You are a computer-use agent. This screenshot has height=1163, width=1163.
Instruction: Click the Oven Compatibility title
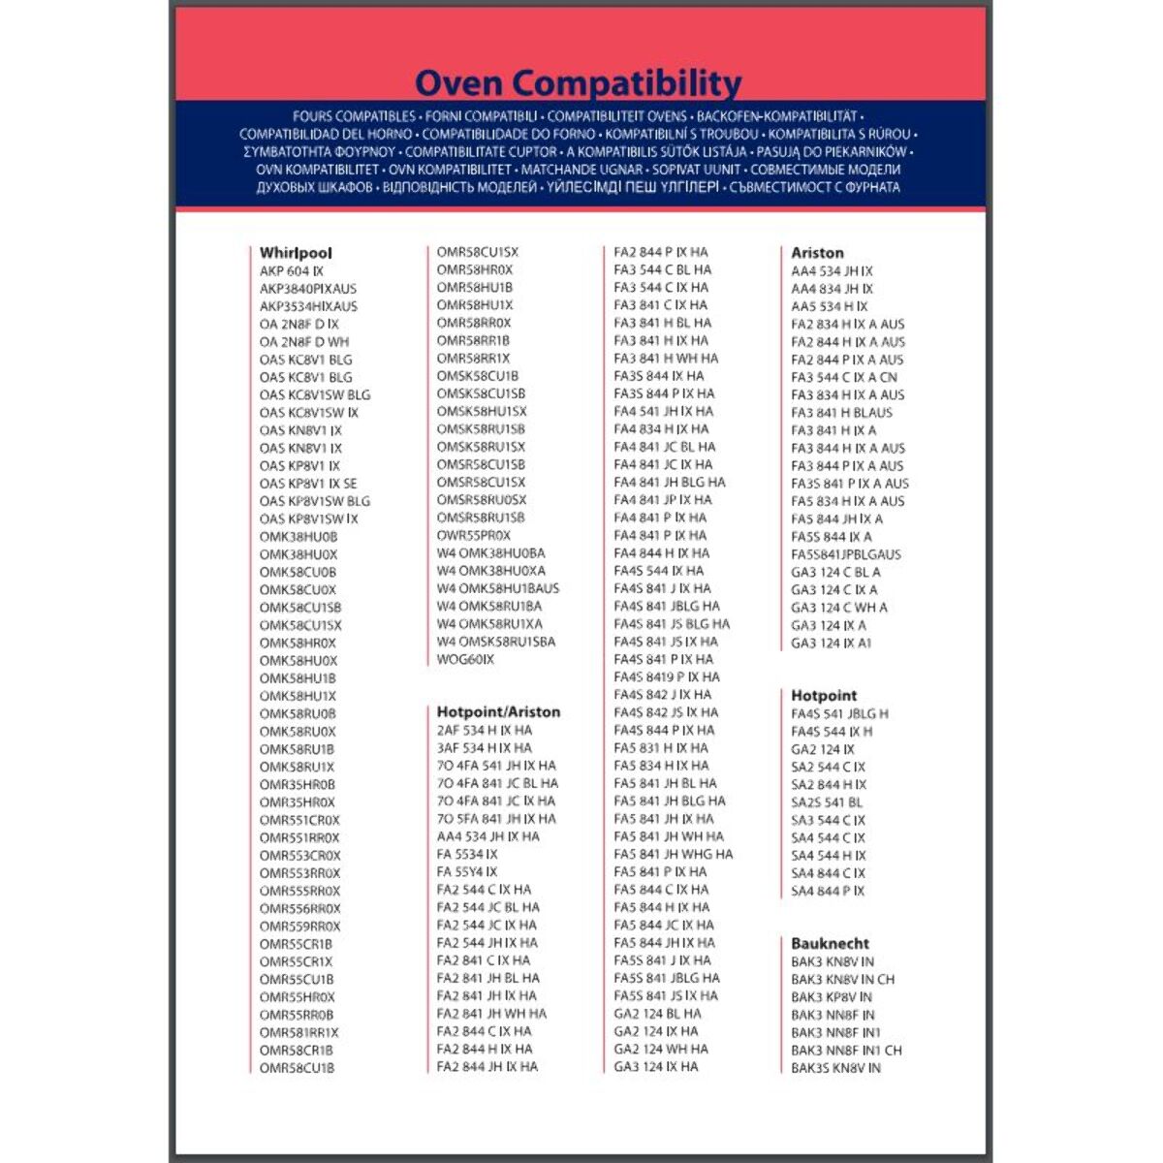tap(578, 82)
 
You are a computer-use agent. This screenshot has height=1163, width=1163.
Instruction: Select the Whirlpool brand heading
tap(296, 253)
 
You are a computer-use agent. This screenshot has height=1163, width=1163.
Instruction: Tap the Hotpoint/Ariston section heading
tap(498, 712)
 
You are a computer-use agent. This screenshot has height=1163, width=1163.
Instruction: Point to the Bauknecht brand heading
tap(830, 943)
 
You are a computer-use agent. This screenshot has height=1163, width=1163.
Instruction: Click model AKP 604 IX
tap(292, 271)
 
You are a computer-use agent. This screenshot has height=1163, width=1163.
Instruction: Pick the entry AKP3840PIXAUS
tap(308, 289)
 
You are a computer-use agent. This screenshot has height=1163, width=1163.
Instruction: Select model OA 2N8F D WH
tap(304, 342)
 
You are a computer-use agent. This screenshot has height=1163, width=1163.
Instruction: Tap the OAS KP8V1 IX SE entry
tap(308, 484)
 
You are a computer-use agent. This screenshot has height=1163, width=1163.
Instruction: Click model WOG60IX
tap(465, 659)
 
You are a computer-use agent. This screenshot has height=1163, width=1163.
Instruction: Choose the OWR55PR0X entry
tap(473, 535)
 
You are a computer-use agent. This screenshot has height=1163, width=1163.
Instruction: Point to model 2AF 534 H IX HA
tap(484, 731)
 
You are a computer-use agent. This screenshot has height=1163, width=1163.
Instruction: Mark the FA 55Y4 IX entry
tap(467, 872)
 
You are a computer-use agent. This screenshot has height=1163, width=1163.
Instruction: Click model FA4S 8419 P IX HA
tap(667, 677)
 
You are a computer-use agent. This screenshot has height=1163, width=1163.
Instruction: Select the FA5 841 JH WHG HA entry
tap(674, 855)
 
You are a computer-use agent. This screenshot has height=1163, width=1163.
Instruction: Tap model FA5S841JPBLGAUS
tap(846, 554)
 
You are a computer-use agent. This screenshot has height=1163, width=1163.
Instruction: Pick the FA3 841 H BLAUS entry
tap(841, 413)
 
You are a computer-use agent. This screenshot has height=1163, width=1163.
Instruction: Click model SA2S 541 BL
tap(827, 802)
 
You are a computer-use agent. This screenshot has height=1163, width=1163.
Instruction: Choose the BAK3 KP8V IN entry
tap(832, 996)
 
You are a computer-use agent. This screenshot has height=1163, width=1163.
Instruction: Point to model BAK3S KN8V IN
tap(835, 1068)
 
